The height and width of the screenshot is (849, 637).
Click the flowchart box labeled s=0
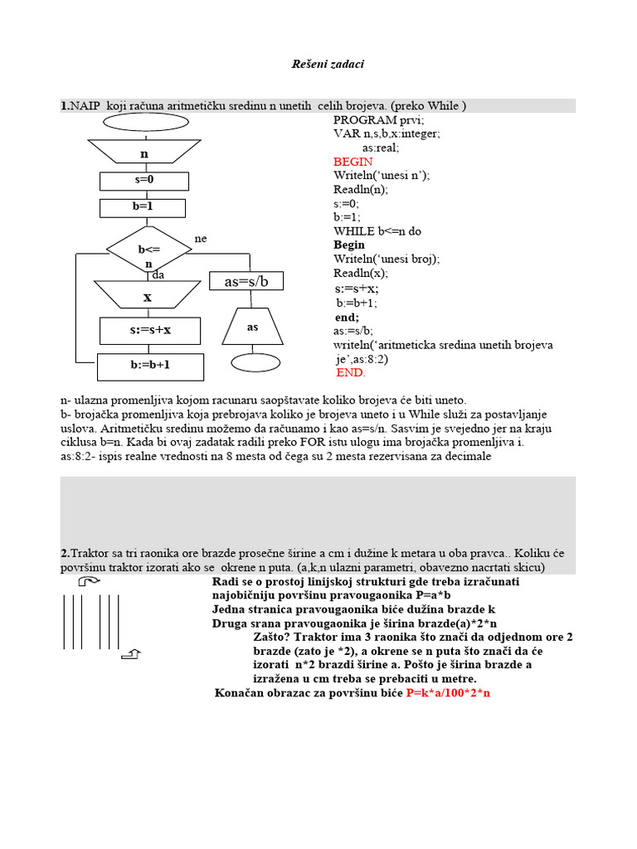pyautogui.click(x=145, y=179)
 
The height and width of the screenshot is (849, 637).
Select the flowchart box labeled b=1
pyautogui.click(x=145, y=206)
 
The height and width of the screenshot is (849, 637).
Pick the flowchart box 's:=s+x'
pyautogui.click(x=150, y=330)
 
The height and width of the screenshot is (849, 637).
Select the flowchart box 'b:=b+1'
pyautogui.click(x=150, y=365)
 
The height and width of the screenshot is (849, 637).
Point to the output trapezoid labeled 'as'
pyautogui.click(x=253, y=327)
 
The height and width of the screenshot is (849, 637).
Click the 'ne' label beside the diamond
pyautogui.click(x=200, y=239)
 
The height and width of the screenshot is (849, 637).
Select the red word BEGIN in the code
pyautogui.click(x=353, y=162)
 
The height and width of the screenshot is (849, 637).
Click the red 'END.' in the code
pyautogui.click(x=350, y=372)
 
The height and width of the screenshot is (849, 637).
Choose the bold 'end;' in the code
pyautogui.click(x=347, y=317)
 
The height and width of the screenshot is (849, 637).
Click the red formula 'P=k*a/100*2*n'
pyautogui.click(x=449, y=692)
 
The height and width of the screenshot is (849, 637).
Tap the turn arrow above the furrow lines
pyautogui.click(x=89, y=582)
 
